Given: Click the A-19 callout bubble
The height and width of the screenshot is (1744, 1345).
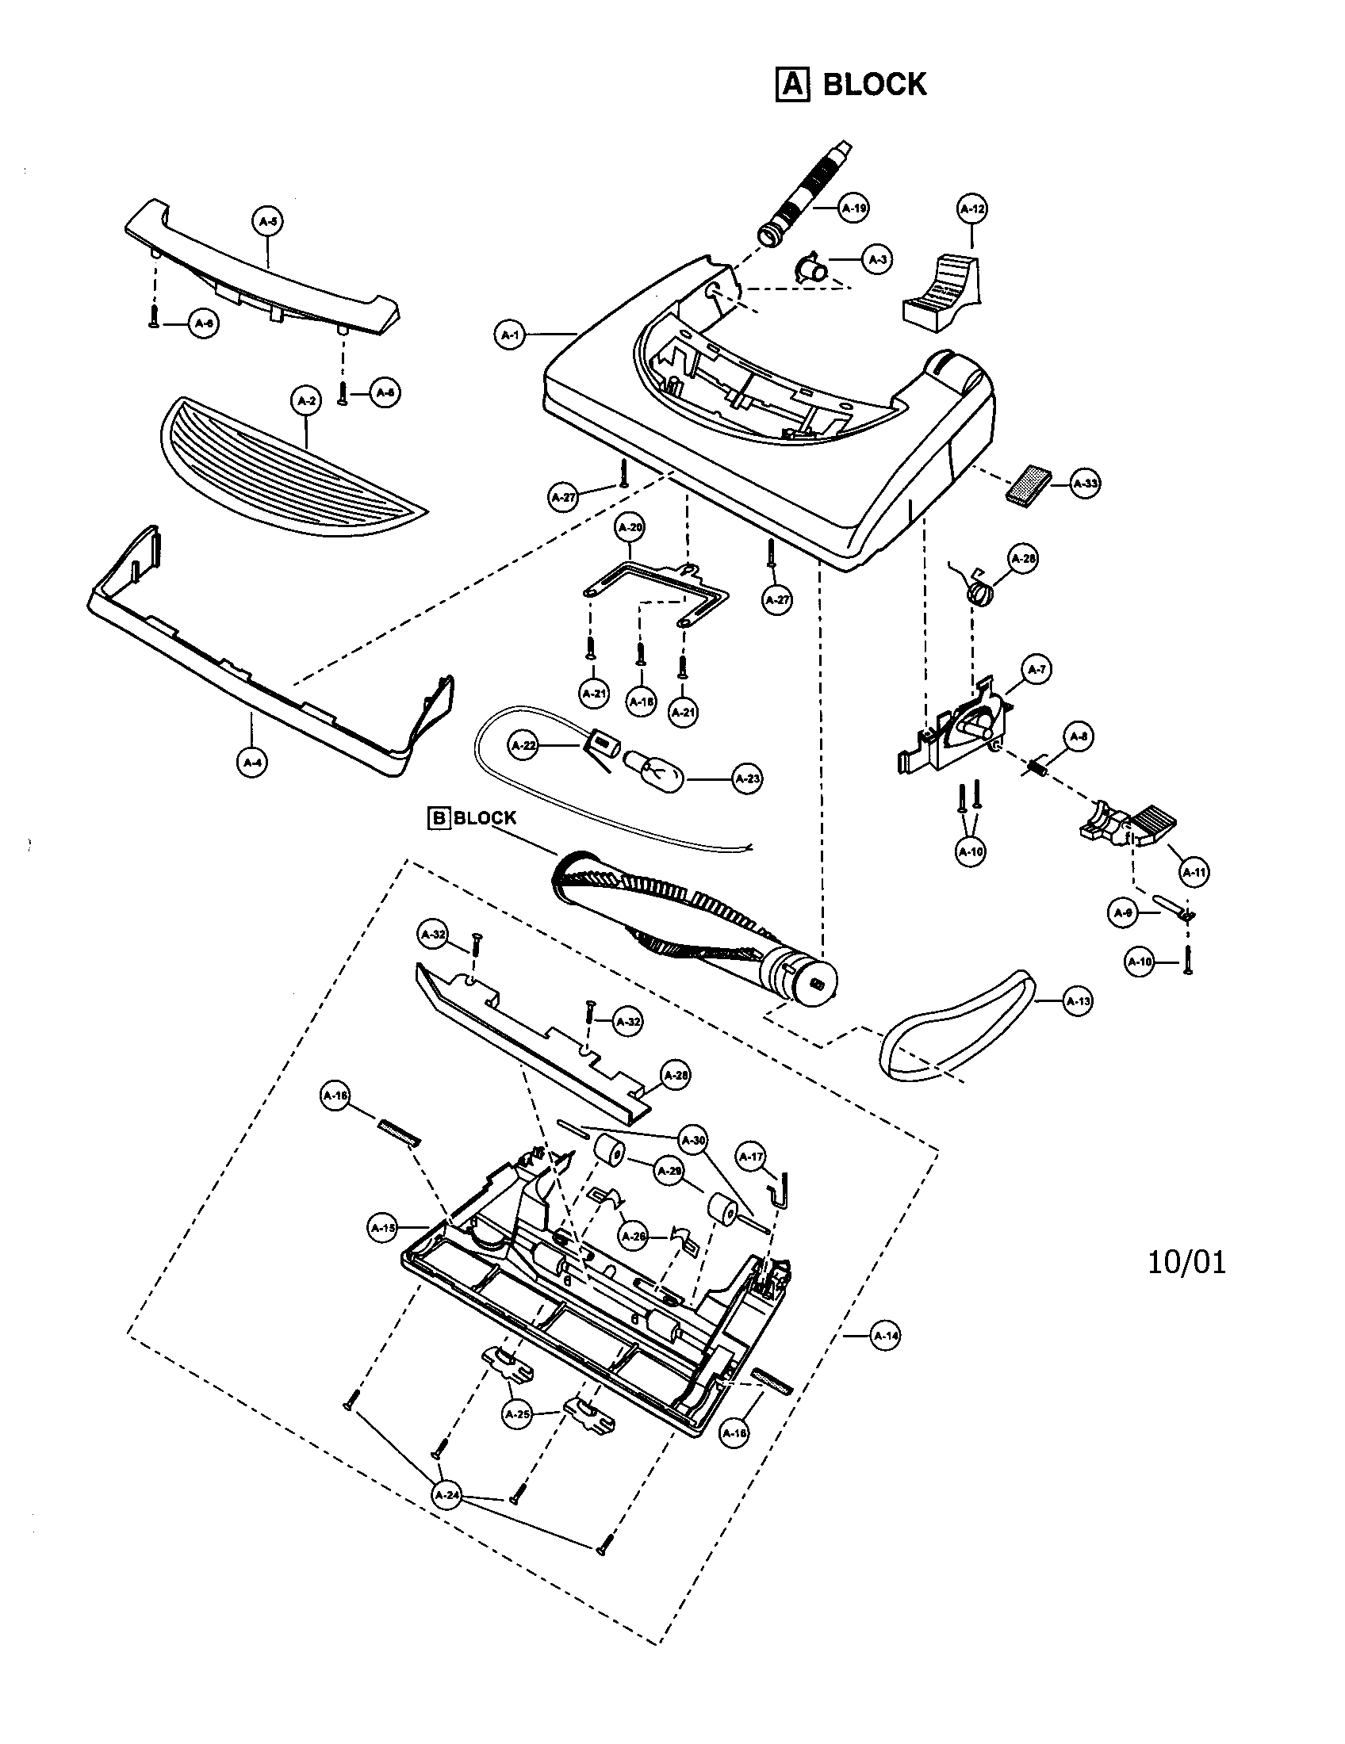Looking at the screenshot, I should [854, 208].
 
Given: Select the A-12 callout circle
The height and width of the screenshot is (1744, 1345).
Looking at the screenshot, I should [971, 210].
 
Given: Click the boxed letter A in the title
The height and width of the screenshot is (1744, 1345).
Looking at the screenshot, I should [793, 84].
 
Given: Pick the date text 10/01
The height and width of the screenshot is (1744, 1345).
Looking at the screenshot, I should [1186, 1263].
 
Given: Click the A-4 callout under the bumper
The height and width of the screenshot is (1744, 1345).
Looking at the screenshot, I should [252, 763].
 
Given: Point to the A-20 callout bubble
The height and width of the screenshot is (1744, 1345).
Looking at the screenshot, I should [630, 528].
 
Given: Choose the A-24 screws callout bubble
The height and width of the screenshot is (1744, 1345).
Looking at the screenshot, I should [447, 1495].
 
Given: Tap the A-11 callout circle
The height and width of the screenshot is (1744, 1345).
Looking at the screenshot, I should [1194, 872].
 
